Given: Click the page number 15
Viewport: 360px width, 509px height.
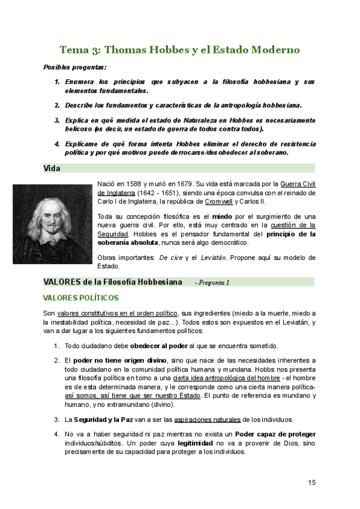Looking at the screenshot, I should (x=311, y=482).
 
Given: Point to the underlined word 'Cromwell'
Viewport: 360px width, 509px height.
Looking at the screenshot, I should (x=220, y=202).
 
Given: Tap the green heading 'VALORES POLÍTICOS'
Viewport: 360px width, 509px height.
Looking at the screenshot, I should (x=80, y=298).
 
